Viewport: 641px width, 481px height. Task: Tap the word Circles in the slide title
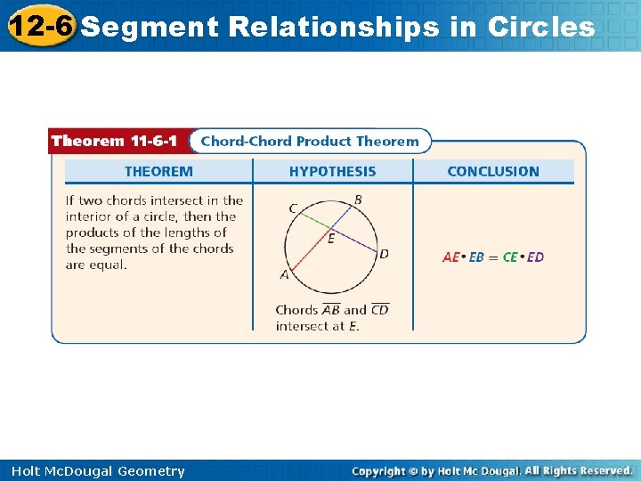[541, 28]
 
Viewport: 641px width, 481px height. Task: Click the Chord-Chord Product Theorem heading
[309, 141]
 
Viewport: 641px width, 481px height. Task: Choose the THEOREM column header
[158, 171]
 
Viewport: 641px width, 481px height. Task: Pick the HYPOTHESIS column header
[332, 171]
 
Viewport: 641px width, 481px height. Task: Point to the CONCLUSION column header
[493, 171]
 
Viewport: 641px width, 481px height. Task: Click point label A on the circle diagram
[285, 275]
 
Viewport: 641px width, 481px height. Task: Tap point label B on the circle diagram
[358, 200]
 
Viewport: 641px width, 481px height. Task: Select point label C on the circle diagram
[293, 208]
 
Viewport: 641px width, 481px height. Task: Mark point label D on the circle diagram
[384, 254]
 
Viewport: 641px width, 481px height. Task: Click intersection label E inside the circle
[331, 239]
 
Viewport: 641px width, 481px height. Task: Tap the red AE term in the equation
[451, 257]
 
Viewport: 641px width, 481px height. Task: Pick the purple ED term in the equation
[535, 257]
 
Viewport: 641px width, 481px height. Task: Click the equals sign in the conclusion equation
[493, 257]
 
